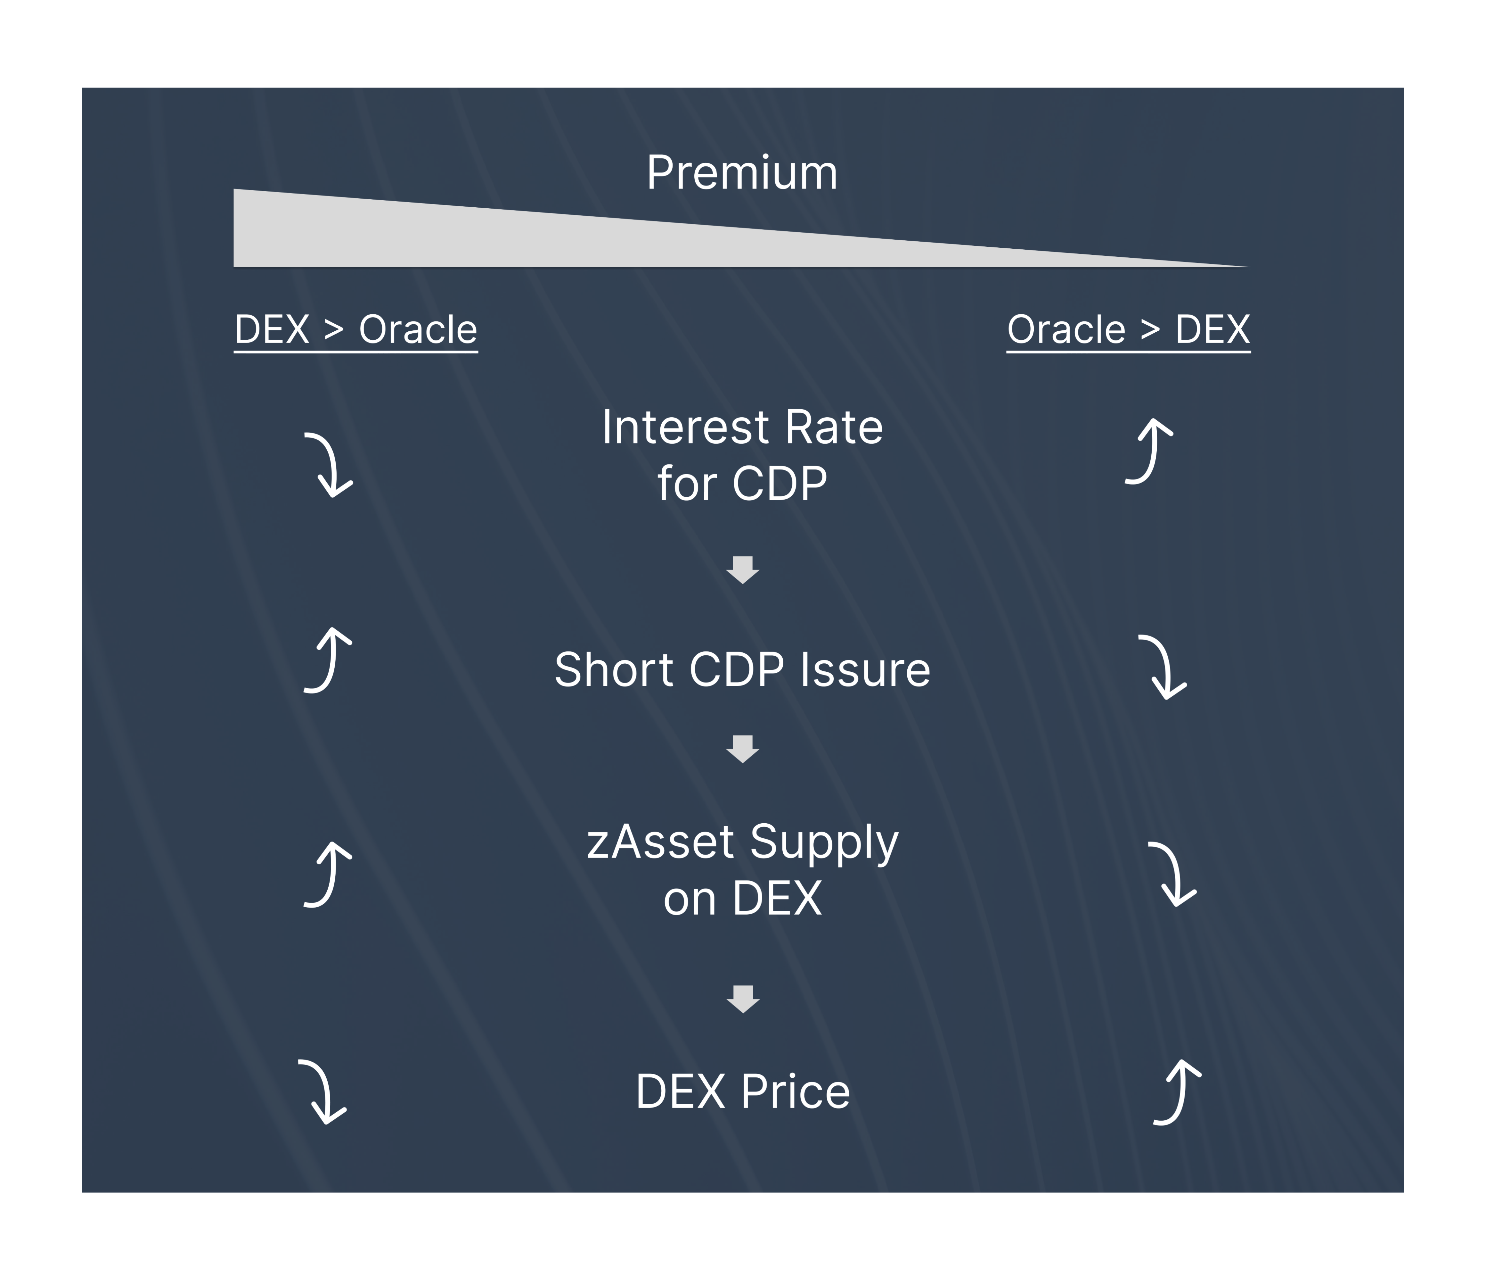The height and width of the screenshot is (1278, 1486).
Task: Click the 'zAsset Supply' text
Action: [742, 842]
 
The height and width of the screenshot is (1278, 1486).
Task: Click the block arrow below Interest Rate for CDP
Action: [742, 570]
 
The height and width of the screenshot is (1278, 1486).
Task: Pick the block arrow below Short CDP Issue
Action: [742, 749]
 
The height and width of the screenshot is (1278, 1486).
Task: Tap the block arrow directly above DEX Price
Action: [743, 999]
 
